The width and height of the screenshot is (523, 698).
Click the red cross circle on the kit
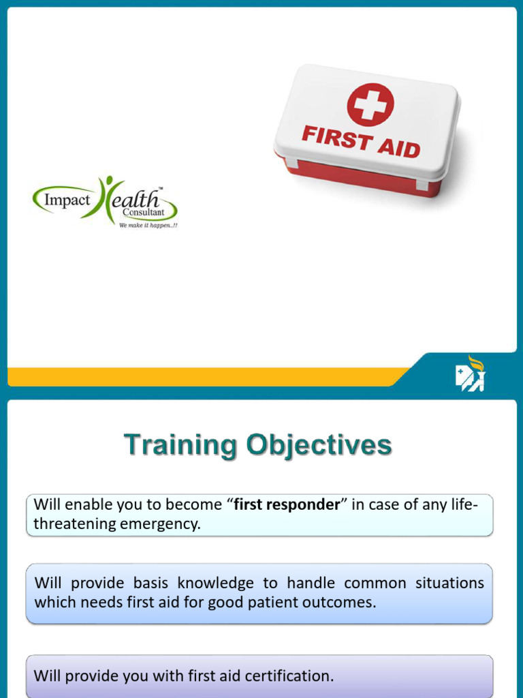370,104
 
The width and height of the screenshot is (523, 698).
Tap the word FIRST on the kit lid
336,137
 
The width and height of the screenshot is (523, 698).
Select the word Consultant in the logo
143,213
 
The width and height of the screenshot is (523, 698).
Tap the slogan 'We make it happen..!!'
148,225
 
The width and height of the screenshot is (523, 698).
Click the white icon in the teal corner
469,374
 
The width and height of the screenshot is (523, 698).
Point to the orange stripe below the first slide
204,376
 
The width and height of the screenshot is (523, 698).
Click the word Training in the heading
179,445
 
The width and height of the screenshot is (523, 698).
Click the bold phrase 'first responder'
286,505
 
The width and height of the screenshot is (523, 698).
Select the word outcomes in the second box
345,603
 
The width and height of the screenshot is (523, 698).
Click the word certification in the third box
289,676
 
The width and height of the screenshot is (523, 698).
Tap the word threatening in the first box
72,525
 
